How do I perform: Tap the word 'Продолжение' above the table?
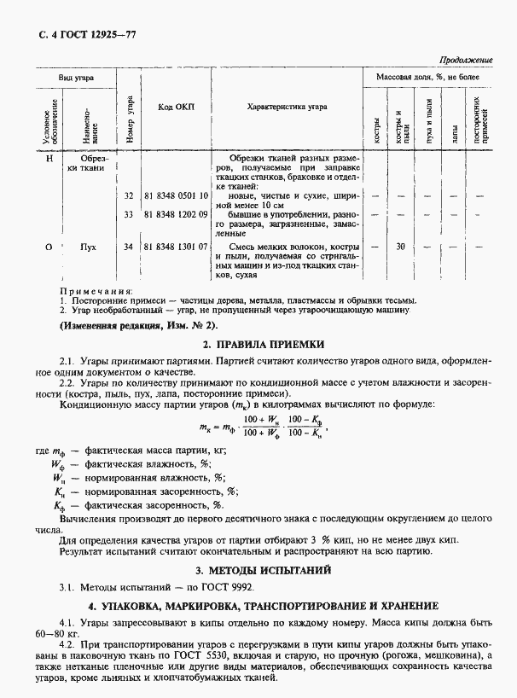point(467,61)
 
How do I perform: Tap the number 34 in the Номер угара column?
point(129,247)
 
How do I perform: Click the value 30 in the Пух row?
point(399,247)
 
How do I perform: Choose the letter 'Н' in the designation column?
point(50,158)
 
